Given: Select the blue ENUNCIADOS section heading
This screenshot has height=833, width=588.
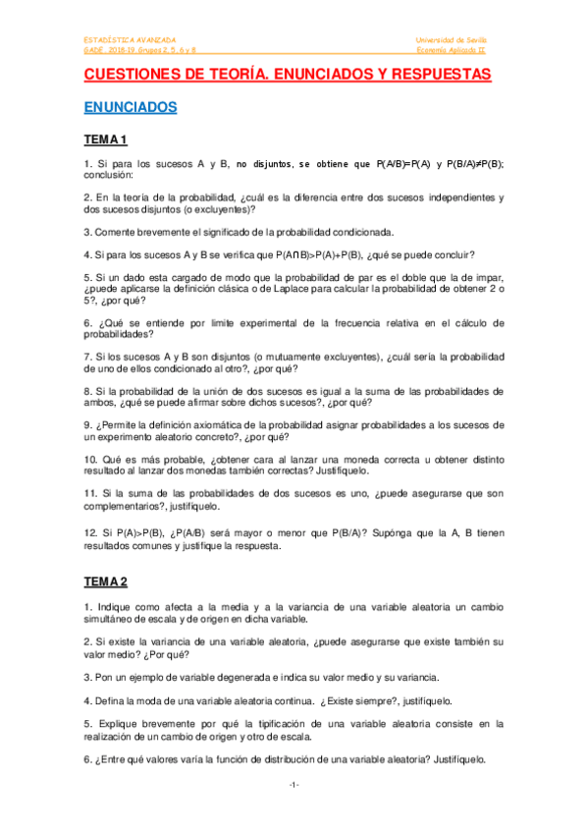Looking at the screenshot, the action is tap(130, 107).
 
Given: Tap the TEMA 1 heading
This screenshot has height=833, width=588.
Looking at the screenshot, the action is tap(106, 139).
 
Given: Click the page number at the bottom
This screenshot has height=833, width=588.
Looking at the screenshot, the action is tap(294, 785).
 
